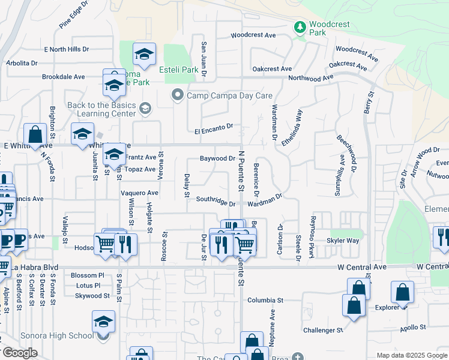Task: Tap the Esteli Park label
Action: point(179,70)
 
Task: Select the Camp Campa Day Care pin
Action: point(177,95)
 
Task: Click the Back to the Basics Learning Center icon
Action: point(144,108)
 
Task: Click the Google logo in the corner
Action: point(20,353)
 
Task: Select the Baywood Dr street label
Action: point(217,159)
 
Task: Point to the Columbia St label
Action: point(265,299)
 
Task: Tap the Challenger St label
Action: point(323,330)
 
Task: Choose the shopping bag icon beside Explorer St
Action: point(402,293)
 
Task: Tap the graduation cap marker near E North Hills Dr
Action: point(144,55)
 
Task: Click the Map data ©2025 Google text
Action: point(411,355)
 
